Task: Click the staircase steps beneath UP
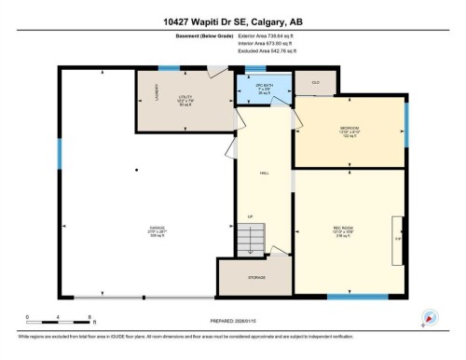[250, 239]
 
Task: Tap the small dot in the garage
[135, 170]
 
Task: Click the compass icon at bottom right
[430, 315]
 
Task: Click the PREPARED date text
[231, 322]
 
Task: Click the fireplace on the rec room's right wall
[397, 238]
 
